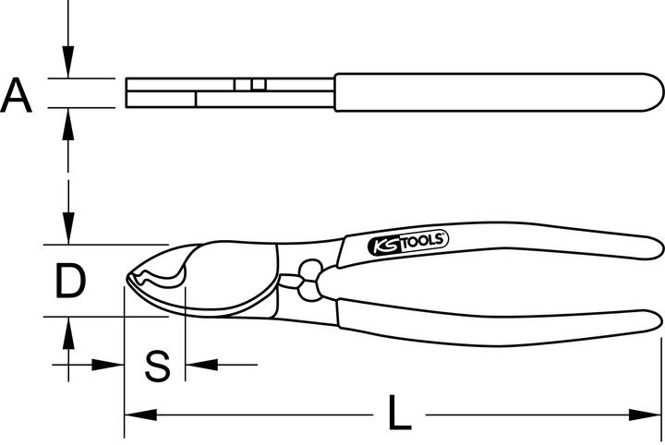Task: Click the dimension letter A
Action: (18, 95)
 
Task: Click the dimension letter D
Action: (68, 283)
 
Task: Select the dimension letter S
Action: (159, 366)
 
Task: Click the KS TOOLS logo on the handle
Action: (408, 243)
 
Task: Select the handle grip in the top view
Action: (499, 93)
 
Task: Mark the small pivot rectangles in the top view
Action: (249, 84)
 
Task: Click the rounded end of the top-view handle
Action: (657, 93)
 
